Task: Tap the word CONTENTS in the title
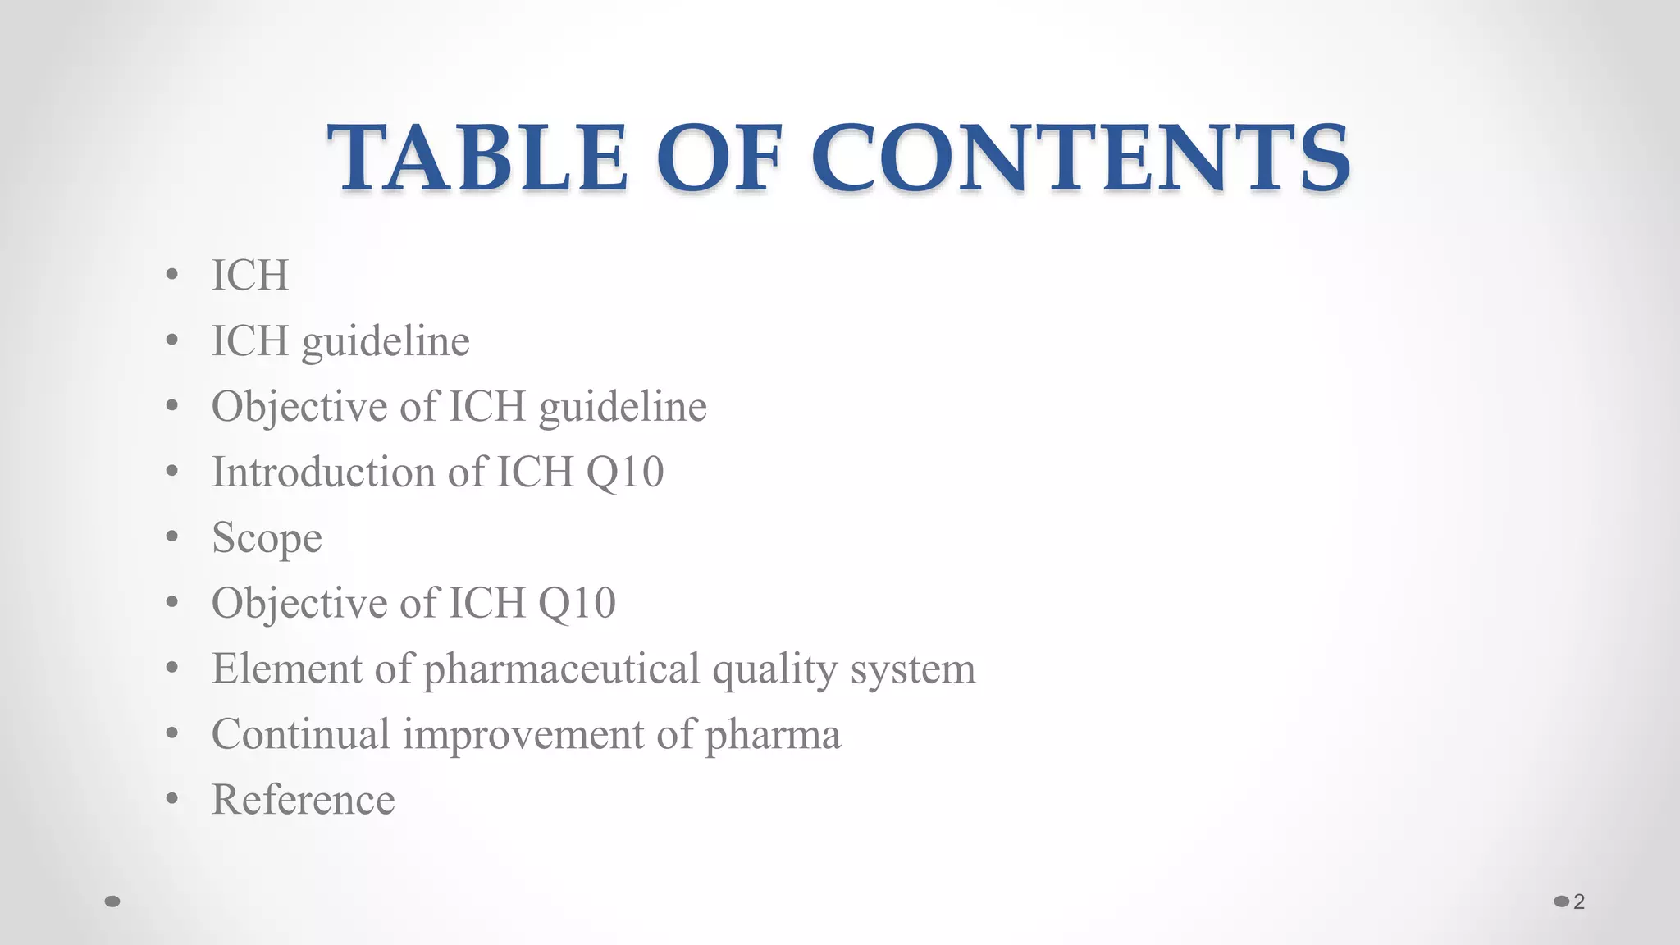pos(1081,157)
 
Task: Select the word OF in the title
pos(719,157)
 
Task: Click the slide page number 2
pos(1579,902)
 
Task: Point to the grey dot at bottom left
pos(113,902)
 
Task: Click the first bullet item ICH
pos(250,275)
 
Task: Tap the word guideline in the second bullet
pos(386,341)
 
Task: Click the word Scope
pos(267,538)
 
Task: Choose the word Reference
pos(303,800)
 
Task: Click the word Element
pos(286,669)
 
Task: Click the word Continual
pos(300,734)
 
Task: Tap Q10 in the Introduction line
pos(624,473)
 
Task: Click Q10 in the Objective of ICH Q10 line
pos(577,605)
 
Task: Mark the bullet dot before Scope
pos(171,536)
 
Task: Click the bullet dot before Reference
pos(171,799)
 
